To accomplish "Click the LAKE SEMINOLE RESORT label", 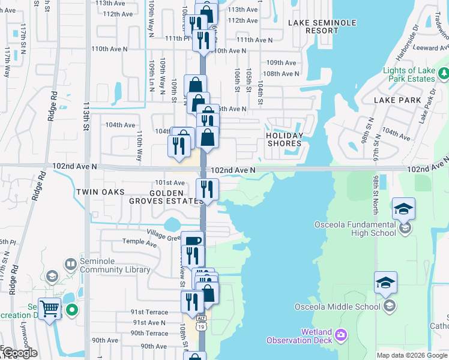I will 322,26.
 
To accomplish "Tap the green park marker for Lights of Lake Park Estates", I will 443,74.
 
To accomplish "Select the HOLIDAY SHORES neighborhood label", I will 284,139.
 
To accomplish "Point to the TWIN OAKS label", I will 100,192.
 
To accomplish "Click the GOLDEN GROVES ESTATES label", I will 166,196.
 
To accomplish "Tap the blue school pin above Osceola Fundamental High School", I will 404,209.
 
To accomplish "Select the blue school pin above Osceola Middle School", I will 385,284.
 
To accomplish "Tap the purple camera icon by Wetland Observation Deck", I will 342,334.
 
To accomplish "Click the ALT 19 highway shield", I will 202,323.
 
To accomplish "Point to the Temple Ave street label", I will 139,242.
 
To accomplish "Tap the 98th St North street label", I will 376,194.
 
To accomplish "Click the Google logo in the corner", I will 20,353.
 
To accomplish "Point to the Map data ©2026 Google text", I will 411,355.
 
